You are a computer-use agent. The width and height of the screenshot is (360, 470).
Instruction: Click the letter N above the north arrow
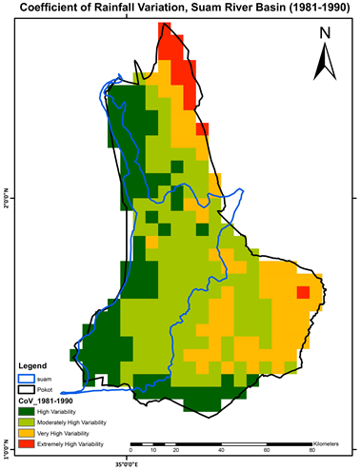(325, 34)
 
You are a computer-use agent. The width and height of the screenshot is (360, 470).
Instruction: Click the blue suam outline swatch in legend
(26, 377)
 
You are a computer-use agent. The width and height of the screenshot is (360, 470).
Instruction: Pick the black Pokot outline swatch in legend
(26, 388)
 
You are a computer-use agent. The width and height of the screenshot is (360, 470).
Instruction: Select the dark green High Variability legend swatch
(26, 411)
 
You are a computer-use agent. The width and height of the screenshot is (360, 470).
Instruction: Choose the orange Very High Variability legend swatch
(26, 433)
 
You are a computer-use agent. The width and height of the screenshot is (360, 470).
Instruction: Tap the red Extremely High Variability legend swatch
(26, 444)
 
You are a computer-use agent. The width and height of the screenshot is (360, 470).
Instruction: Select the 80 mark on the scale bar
(313, 450)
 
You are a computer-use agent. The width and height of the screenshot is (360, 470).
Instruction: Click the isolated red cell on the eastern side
(303, 292)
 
